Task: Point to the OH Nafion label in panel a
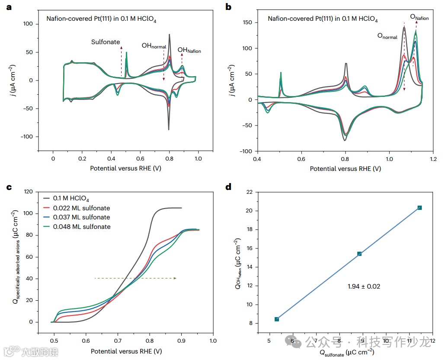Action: (x=189, y=51)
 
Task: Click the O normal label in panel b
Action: (x=387, y=37)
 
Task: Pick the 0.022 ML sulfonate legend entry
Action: (x=81, y=208)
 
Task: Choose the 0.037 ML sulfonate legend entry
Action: (x=81, y=217)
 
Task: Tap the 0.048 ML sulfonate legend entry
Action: (x=81, y=227)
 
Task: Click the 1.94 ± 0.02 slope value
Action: (x=364, y=286)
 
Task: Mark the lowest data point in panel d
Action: (x=277, y=319)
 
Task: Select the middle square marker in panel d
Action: (x=359, y=254)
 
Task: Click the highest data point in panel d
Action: (x=419, y=208)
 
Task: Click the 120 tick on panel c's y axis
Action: (x=29, y=192)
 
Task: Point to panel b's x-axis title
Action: (x=345, y=169)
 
